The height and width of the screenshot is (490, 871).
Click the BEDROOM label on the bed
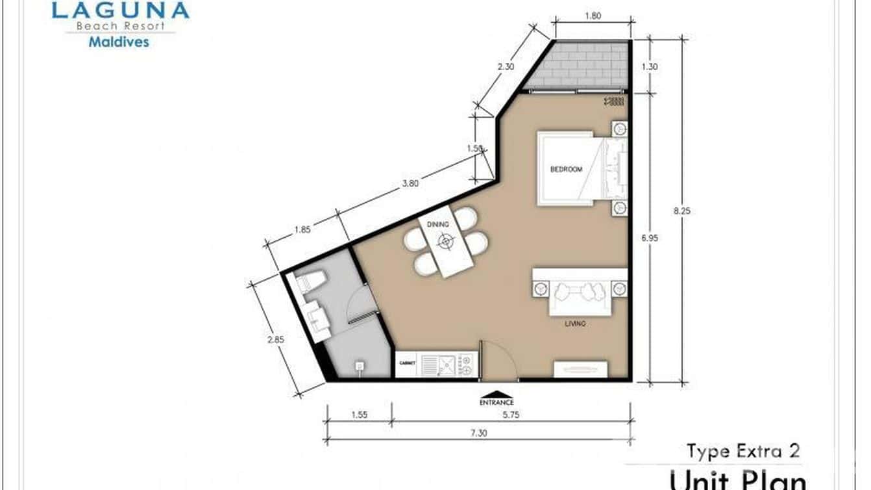[x=566, y=170]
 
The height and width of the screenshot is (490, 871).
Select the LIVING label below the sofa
[x=575, y=323]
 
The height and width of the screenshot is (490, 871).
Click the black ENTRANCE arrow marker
[x=497, y=394]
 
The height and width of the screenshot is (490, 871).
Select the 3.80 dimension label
[x=410, y=183]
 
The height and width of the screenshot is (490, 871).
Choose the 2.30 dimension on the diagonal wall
[x=506, y=66]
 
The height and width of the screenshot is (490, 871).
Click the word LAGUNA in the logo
[x=120, y=10]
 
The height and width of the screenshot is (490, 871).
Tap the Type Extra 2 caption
[x=743, y=450]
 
